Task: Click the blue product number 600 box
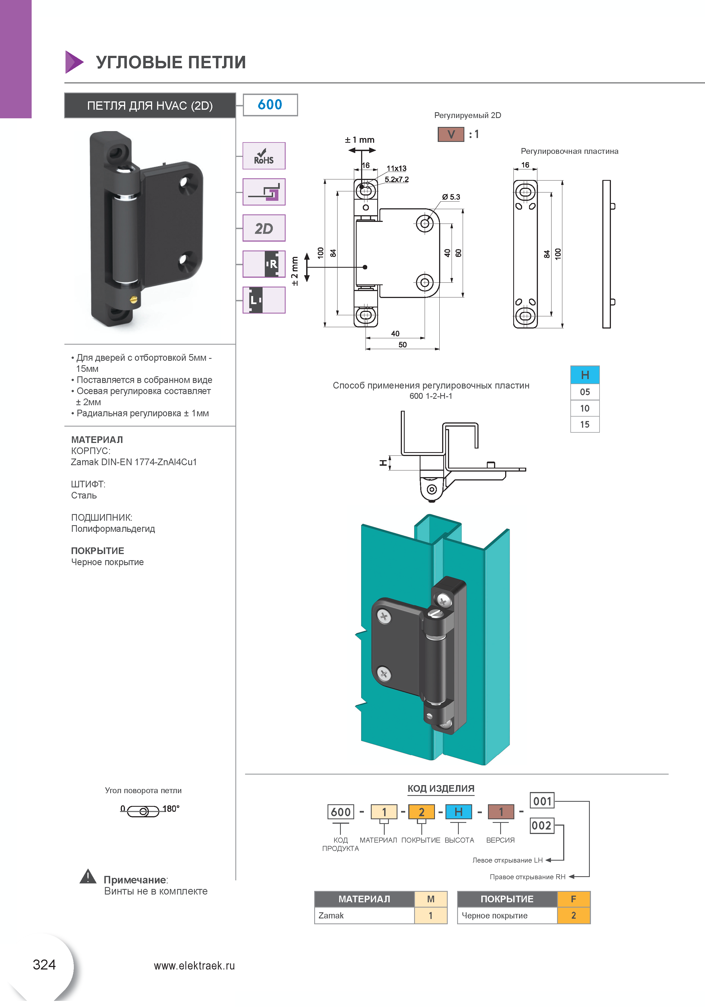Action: click(270, 105)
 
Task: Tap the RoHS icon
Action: click(264, 156)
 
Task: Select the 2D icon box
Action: click(264, 228)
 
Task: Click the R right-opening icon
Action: click(264, 264)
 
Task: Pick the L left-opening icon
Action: click(264, 300)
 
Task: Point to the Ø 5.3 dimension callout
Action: click(451, 197)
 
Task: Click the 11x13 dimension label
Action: click(396, 168)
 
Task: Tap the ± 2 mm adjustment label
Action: click(294, 271)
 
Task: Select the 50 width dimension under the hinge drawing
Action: click(402, 345)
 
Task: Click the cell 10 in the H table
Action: click(585, 408)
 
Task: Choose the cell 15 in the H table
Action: click(585, 425)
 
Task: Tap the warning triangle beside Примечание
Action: click(88, 876)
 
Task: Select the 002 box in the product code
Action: click(542, 825)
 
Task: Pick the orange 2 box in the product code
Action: click(421, 812)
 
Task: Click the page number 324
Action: click(44, 965)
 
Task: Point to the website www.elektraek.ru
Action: click(194, 966)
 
